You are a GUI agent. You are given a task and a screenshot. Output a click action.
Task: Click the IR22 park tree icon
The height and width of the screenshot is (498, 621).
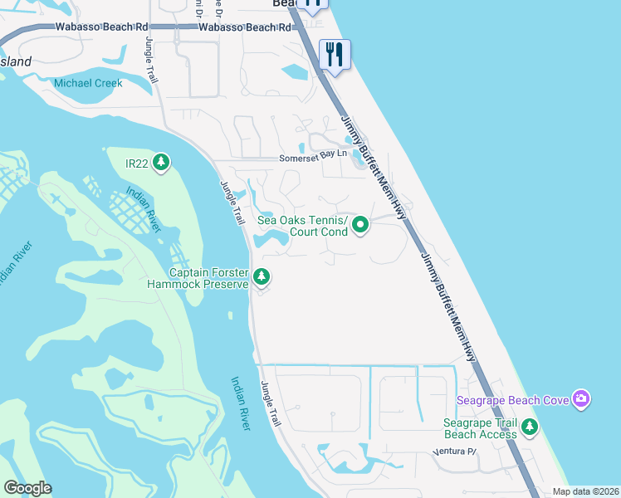[x=161, y=163]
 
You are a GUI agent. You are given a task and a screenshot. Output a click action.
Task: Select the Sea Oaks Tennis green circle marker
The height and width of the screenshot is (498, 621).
[x=360, y=225]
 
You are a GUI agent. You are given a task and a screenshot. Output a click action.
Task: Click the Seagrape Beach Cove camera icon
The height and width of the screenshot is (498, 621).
[x=580, y=400]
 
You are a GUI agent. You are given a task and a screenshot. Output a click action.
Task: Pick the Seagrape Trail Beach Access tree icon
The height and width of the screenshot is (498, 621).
[x=529, y=427]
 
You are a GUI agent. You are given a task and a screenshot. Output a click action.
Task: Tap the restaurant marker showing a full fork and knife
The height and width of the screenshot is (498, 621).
[x=335, y=55]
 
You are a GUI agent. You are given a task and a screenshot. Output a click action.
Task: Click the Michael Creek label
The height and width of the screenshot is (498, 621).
[x=88, y=83]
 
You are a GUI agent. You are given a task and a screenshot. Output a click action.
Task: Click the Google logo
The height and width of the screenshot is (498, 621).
[x=27, y=488]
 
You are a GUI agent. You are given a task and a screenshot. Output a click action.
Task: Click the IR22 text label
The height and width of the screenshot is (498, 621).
[x=136, y=164]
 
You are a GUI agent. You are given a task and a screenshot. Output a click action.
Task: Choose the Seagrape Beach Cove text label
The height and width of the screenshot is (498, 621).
[x=513, y=401]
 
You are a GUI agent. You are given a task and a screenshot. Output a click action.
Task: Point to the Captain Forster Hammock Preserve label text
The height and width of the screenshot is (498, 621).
[x=210, y=278]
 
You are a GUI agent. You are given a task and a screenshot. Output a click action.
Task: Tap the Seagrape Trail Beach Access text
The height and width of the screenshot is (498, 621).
[x=481, y=428]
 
